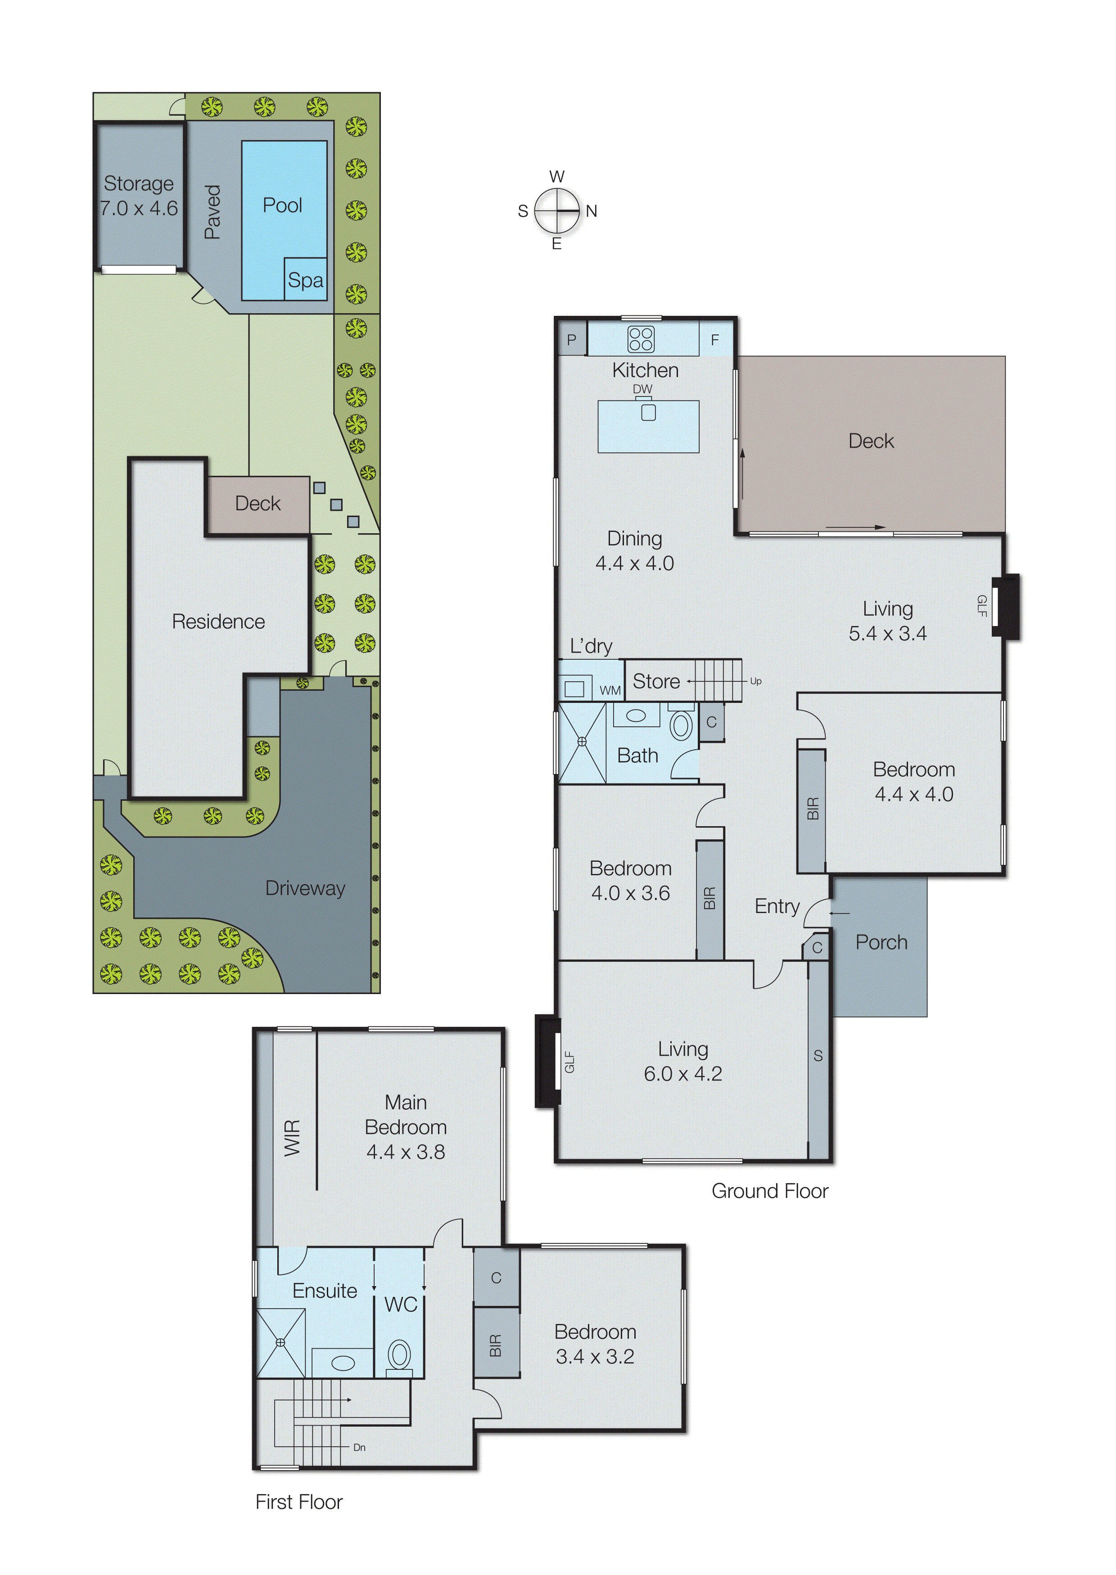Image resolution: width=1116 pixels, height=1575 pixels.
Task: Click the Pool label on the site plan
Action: click(282, 205)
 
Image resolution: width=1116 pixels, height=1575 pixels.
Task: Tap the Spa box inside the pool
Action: click(305, 279)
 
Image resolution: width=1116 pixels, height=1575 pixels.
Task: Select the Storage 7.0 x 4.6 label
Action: click(139, 196)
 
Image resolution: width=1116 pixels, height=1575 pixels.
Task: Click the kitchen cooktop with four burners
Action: click(641, 339)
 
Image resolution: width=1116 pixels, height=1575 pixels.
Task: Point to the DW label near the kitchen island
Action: click(642, 389)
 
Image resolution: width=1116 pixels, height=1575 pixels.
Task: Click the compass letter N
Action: click(591, 211)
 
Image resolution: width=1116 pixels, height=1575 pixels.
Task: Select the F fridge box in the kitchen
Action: click(715, 339)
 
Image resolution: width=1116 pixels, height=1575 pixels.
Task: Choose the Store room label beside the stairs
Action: click(656, 681)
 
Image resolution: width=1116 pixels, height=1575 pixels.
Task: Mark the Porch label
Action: click(881, 942)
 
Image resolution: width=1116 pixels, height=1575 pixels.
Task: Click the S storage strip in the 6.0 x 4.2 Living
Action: click(818, 1056)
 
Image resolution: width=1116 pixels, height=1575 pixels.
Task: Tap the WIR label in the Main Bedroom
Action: click(293, 1138)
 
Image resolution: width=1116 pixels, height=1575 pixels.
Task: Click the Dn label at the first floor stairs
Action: click(359, 1447)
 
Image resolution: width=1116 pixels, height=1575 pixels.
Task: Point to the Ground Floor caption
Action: click(770, 1191)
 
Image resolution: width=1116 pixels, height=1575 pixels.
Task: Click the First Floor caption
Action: click(299, 1502)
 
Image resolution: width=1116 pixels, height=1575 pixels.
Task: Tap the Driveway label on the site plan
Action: click(305, 888)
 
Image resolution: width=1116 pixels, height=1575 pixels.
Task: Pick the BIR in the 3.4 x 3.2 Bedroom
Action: click(496, 1345)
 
